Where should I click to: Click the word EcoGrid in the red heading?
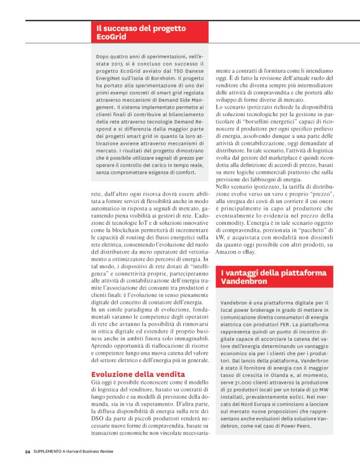110,38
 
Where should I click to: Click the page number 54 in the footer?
27,451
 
